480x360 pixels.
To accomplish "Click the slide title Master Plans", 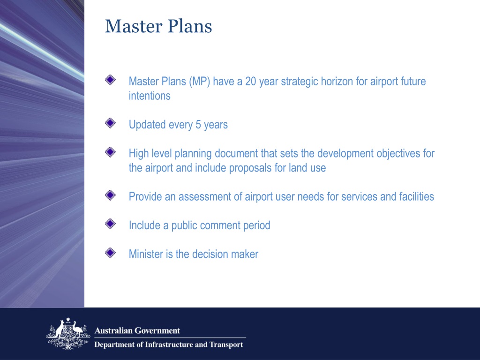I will tap(158, 26).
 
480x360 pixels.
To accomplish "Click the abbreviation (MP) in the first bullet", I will tap(200, 82).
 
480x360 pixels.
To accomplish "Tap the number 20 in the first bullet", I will tap(250, 82).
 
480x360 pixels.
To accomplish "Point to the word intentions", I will tap(150, 96).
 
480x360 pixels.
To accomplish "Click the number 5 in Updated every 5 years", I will tap(199, 125).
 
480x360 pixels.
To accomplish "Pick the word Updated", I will tap(144, 125).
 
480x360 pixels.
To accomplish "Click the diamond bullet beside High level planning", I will tap(110, 152).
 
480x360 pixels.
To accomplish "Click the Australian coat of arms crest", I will tap(67, 333).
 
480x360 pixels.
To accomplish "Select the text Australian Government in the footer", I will tap(137, 330).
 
